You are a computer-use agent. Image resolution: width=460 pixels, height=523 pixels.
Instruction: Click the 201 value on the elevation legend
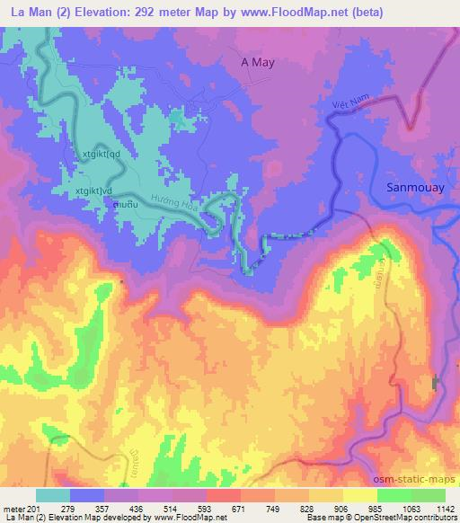pyautogui.click(x=34, y=509)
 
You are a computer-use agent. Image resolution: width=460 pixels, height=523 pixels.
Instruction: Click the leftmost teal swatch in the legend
pyautogui.click(x=52, y=495)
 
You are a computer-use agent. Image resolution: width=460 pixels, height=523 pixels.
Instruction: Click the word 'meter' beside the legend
pyautogui.click(x=13, y=509)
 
